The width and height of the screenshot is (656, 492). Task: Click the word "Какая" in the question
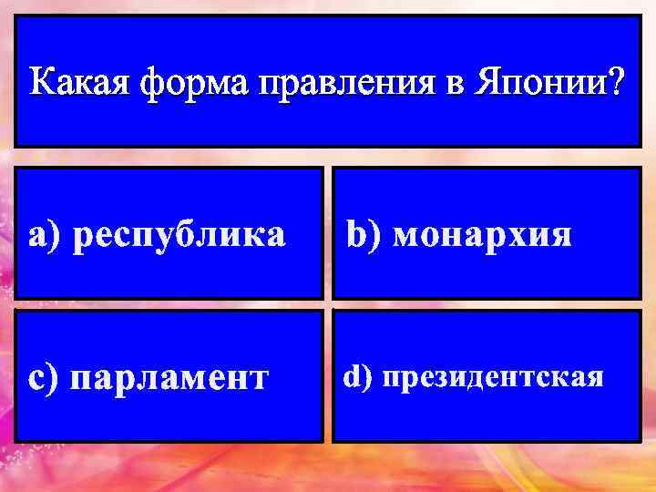coord(77,84)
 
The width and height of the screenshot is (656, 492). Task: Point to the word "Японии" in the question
coord(543,84)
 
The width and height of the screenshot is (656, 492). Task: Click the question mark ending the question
coord(616,84)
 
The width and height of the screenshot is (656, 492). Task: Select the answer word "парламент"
coord(170,377)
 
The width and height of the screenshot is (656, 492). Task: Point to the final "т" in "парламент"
coord(261,377)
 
